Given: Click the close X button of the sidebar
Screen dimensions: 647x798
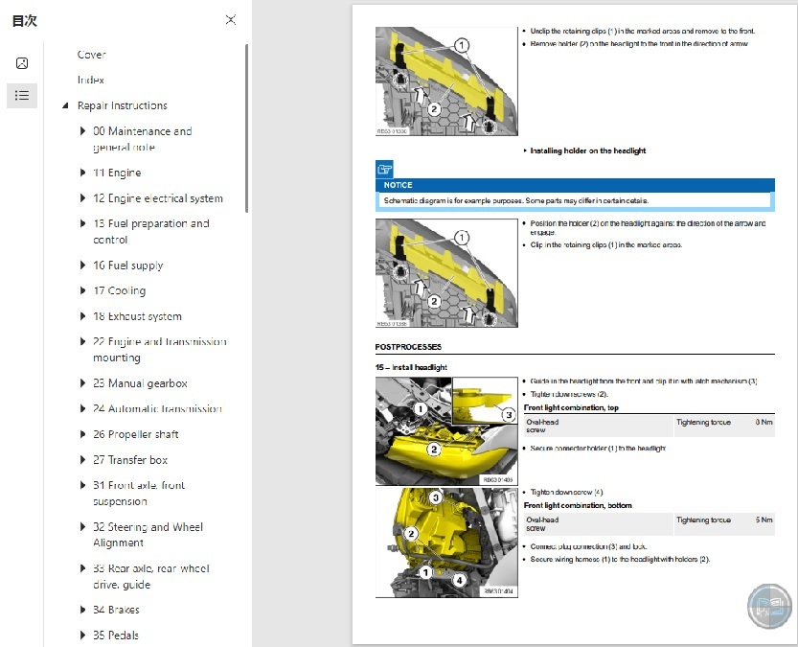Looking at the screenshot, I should pyautogui.click(x=230, y=19).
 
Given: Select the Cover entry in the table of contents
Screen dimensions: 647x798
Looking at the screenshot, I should pyautogui.click(x=92, y=55).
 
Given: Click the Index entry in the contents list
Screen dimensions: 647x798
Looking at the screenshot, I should pyautogui.click(x=91, y=81).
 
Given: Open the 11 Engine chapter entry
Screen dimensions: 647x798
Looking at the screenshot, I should pyautogui.click(x=117, y=173).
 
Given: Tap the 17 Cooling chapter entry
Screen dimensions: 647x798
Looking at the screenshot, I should pyautogui.click(x=120, y=291).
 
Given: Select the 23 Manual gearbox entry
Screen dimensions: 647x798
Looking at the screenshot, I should pyautogui.click(x=140, y=383).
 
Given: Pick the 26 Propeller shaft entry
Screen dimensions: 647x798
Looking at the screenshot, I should pyautogui.click(x=136, y=434).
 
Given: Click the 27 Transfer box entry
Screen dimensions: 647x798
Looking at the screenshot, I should pyautogui.click(x=130, y=460).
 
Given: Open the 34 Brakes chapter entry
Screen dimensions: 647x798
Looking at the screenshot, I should pyautogui.click(x=116, y=610).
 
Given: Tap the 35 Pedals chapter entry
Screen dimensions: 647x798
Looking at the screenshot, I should pyautogui.click(x=116, y=635).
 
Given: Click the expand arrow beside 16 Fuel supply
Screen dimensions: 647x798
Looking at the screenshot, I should pyautogui.click(x=82, y=266).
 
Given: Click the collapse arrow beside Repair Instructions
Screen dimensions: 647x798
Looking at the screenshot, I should pyautogui.click(x=65, y=106).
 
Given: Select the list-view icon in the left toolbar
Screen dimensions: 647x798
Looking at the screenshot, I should pyautogui.click(x=22, y=95).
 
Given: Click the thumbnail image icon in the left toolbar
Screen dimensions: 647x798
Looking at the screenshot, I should pyautogui.click(x=22, y=63).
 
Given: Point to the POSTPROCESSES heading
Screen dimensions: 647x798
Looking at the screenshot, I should pyautogui.click(x=408, y=347).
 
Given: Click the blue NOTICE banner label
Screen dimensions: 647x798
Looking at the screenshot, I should pyautogui.click(x=398, y=185).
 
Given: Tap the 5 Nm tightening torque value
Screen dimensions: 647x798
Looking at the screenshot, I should pyautogui.click(x=763, y=520).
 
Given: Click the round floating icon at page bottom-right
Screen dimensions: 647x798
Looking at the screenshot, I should pyautogui.click(x=770, y=606).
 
